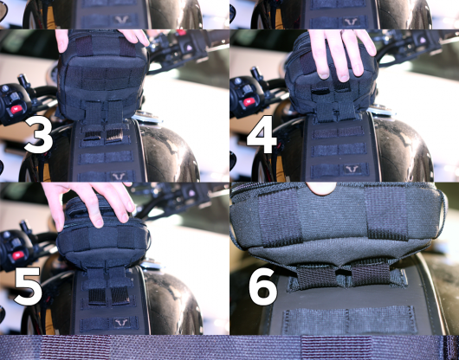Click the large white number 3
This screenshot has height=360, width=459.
coord(39,134)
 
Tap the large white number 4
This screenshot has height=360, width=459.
coord(262,134)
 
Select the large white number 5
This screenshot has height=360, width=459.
coord(28,286)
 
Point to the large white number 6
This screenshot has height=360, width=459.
coord(263,286)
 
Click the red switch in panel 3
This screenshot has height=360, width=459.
coord(16,109)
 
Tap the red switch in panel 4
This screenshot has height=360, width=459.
coord(249,102)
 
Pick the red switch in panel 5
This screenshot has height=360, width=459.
coord(18,255)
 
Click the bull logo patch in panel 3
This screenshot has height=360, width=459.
coord(120,176)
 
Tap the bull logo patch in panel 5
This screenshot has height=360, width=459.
coord(122,323)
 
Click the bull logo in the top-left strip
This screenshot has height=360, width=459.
coord(122,20)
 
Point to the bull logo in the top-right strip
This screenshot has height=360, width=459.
coord(352,22)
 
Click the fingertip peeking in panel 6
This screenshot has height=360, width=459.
coord(320,188)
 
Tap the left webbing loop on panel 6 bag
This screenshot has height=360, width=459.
coord(280,215)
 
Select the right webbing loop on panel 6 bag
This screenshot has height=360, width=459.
coord(386,213)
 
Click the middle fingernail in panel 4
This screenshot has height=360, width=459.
coord(343,78)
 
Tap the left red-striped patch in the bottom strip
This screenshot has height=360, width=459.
coord(76,347)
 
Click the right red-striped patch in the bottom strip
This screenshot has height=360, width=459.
coord(337,347)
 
